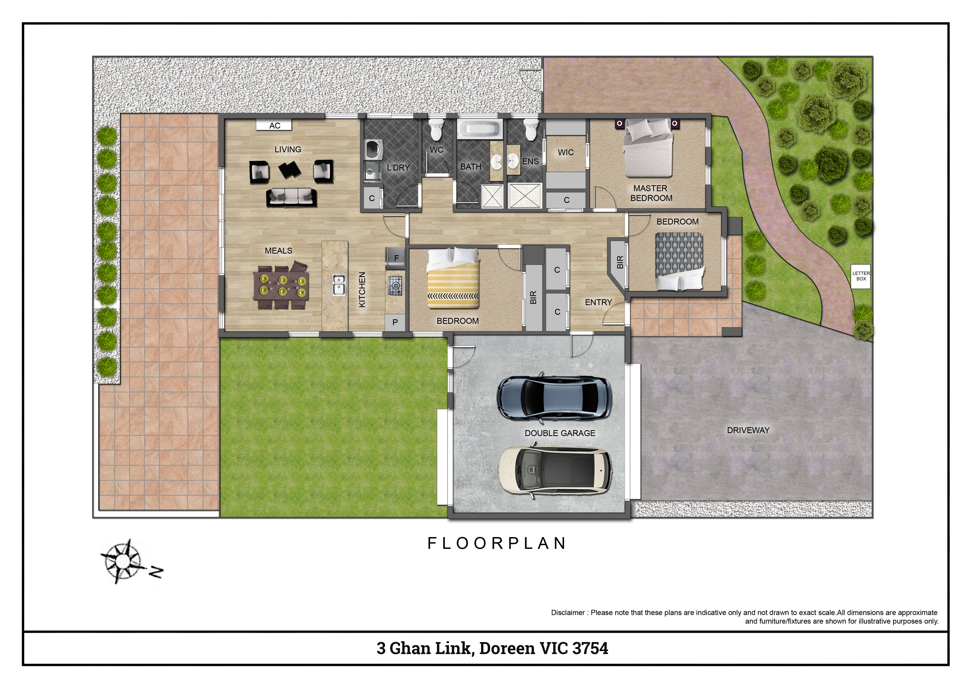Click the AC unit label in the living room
(274, 125)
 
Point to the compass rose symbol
(123, 562)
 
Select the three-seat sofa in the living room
(291, 197)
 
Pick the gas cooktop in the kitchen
(395, 285)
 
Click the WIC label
(566, 152)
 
